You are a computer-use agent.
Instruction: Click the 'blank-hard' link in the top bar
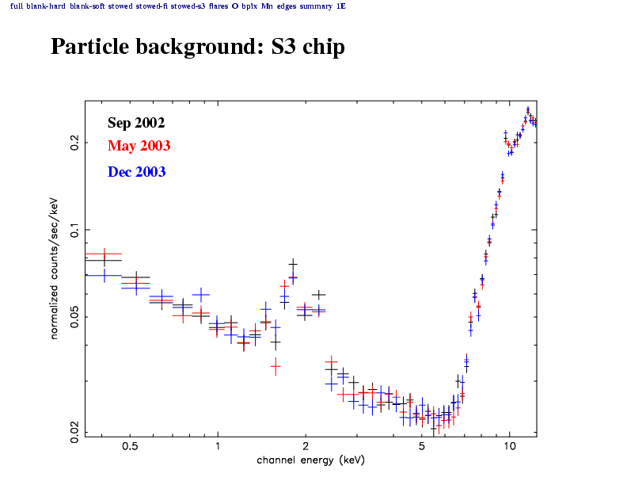click(x=45, y=6)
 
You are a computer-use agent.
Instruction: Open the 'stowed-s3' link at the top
click(x=187, y=6)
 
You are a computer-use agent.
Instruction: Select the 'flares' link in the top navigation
click(x=218, y=6)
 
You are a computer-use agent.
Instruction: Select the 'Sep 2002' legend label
click(x=136, y=123)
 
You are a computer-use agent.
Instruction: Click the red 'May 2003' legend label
click(x=139, y=146)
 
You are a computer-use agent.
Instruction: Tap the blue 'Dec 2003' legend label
click(x=137, y=171)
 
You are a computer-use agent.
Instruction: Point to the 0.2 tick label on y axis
click(x=74, y=143)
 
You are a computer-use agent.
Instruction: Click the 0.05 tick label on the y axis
click(x=74, y=318)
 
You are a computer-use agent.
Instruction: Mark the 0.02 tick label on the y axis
click(x=74, y=431)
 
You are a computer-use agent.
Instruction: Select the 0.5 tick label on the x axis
click(x=131, y=446)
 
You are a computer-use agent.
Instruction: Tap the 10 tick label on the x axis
click(x=509, y=446)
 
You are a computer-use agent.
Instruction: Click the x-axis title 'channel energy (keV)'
click(x=311, y=460)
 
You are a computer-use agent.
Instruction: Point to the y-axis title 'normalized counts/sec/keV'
click(x=55, y=268)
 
